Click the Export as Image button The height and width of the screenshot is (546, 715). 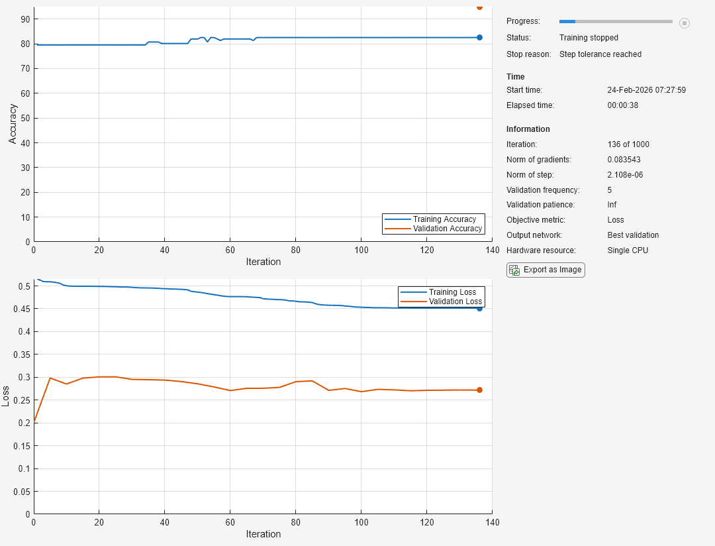click(546, 270)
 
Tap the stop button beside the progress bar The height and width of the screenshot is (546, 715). click(685, 23)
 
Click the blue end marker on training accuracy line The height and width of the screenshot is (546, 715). click(479, 37)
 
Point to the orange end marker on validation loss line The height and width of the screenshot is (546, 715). click(479, 390)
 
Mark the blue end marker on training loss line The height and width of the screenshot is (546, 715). click(479, 308)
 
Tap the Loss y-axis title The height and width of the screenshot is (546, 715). click(6, 396)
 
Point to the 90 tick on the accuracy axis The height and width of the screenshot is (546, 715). click(25, 19)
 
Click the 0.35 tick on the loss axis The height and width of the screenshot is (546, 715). click(23, 355)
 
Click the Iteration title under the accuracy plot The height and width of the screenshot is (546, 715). click(263, 262)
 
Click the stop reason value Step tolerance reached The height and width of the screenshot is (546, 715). click(600, 54)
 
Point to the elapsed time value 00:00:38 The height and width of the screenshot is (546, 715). click(622, 105)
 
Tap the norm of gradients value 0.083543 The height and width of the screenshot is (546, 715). click(624, 160)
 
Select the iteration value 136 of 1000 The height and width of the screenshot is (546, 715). click(628, 144)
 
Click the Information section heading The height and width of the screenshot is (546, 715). click(528, 129)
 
